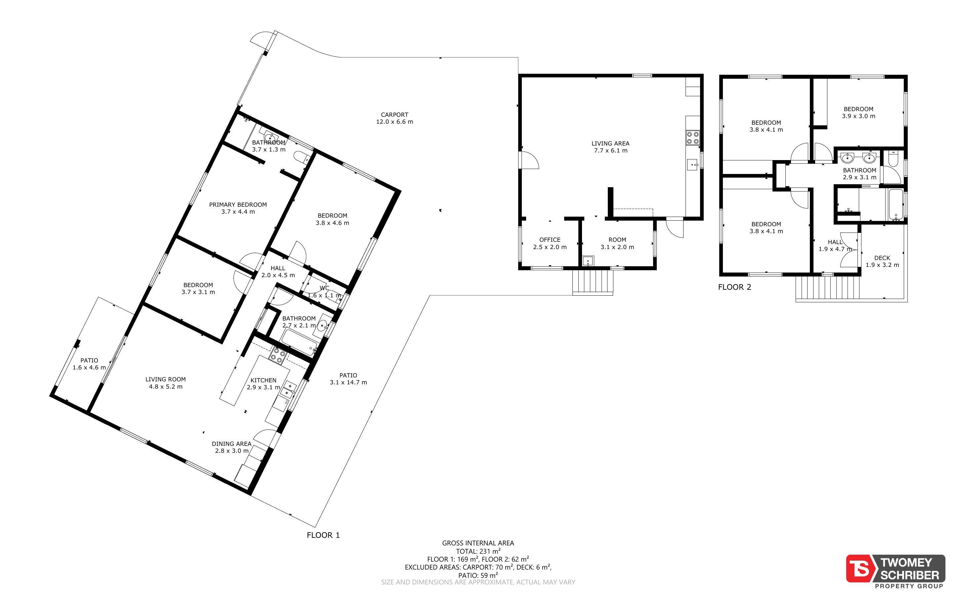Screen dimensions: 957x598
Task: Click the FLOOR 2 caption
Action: (x=734, y=287)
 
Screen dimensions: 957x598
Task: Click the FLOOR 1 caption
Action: (x=323, y=535)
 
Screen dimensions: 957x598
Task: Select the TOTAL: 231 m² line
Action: (x=478, y=551)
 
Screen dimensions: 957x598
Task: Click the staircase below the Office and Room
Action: (x=593, y=282)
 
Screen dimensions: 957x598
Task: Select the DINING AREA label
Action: (x=231, y=447)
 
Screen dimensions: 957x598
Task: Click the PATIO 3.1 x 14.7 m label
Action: (x=348, y=378)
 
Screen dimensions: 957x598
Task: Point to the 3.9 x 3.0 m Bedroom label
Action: (x=858, y=112)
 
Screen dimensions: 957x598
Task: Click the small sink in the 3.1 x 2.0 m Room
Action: (x=588, y=261)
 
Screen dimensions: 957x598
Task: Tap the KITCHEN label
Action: (x=264, y=384)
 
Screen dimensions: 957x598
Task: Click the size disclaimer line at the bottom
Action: (x=478, y=582)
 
